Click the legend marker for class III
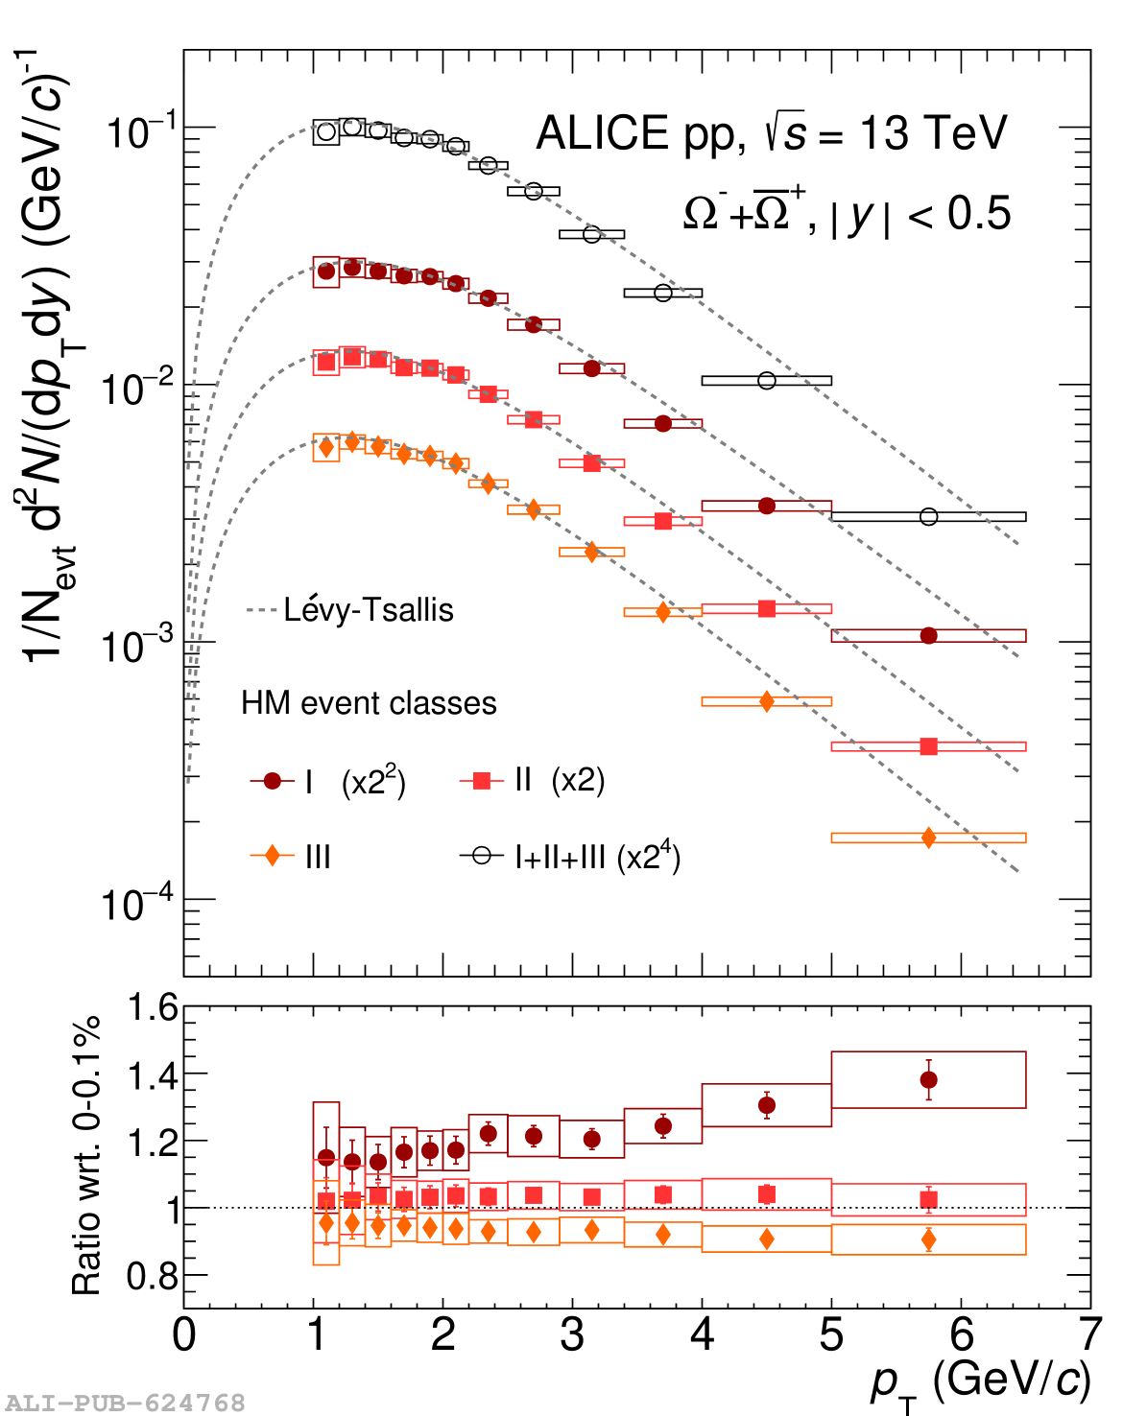coord(273,855)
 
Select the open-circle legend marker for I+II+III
coord(481,855)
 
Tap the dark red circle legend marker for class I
coord(273,781)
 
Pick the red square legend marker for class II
coord(482,781)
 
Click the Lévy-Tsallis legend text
coord(368,610)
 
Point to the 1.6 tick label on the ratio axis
coord(153,1008)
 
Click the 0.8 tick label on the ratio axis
coord(153,1276)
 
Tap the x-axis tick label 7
coord(1089,1335)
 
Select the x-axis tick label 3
coord(572,1335)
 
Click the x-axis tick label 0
coord(184,1335)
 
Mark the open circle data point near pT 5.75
coord(928,517)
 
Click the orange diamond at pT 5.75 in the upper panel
coord(928,838)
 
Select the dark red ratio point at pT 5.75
coord(928,1080)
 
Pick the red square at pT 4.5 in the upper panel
coord(766,608)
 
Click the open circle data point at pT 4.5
coord(766,381)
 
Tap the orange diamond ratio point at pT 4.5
coord(766,1239)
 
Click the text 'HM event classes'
coord(369,703)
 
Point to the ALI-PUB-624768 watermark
coord(125,1404)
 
